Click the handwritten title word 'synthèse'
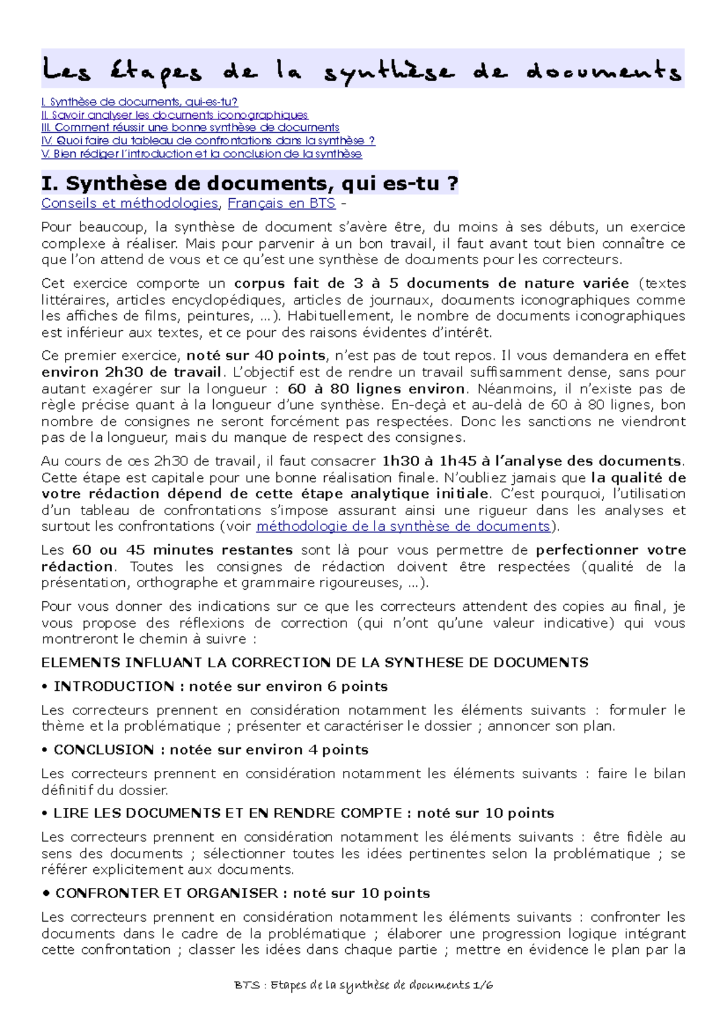(x=388, y=72)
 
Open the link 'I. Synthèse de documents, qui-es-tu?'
(x=139, y=102)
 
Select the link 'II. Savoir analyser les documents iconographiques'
(x=174, y=115)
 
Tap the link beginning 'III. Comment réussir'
(x=190, y=127)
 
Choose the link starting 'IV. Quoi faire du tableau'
(x=208, y=141)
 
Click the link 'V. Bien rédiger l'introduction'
(x=201, y=154)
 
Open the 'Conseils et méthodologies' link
(x=130, y=203)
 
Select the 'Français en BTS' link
(x=281, y=203)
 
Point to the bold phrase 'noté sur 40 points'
(x=256, y=355)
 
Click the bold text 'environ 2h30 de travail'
(x=131, y=371)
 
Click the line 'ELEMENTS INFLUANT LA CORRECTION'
(x=314, y=662)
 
